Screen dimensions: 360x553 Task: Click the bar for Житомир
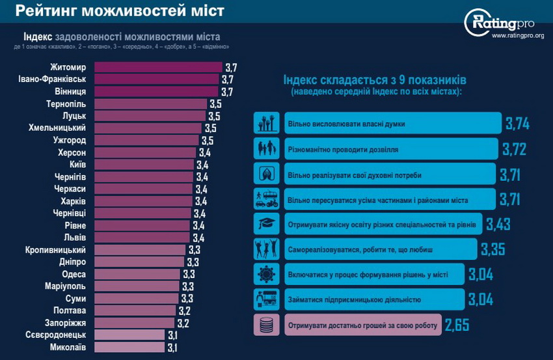(158, 67)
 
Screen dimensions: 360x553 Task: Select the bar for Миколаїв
(129, 348)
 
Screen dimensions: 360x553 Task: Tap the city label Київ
(77, 165)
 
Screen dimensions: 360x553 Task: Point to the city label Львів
(75, 238)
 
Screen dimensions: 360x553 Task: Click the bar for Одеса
(137, 274)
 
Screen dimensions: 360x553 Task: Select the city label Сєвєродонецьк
(55, 335)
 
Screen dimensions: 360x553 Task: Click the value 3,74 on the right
(517, 123)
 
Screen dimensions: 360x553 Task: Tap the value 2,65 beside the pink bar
(456, 324)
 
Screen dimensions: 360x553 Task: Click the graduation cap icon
(267, 223)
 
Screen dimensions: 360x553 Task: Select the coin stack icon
(267, 324)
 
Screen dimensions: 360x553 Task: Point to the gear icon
(267, 274)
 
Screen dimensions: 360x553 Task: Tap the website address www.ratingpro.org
(518, 36)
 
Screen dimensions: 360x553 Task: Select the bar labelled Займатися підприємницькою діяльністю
(375, 299)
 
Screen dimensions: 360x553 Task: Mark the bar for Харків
(143, 201)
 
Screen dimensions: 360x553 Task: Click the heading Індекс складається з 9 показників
(375, 79)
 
